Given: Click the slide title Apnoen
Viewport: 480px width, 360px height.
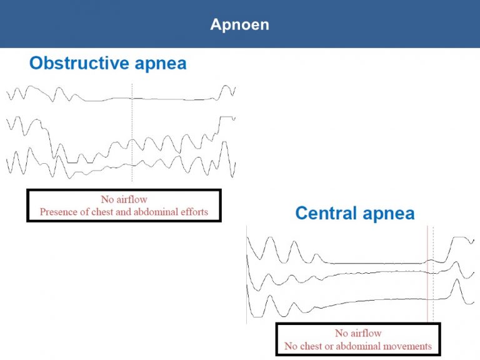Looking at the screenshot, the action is [240, 24].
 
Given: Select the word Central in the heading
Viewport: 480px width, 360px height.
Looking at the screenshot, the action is [326, 213].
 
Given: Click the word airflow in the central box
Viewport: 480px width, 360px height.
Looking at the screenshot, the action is [366, 332].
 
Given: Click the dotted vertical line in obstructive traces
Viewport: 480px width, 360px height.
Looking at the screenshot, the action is [132, 132].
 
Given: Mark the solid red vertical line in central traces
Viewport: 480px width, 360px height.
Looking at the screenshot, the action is [427, 274].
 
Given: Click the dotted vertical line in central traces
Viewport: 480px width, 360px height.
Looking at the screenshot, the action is [433, 274].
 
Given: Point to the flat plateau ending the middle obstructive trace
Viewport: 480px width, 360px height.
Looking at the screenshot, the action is [226, 117].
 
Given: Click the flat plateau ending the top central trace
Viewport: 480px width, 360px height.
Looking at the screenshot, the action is [460, 237].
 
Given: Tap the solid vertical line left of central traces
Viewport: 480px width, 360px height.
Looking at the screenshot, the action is [246, 274].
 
